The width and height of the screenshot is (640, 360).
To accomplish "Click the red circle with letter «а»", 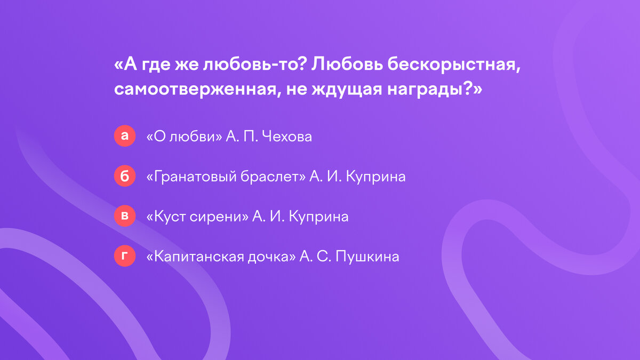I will (125, 136).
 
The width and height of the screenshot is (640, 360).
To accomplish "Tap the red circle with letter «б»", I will (125, 177).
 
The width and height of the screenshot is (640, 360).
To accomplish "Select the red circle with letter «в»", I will (125, 217).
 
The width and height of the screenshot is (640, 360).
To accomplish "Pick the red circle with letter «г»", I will (125, 257).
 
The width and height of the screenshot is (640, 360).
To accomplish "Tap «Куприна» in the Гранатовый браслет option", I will (375, 177).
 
